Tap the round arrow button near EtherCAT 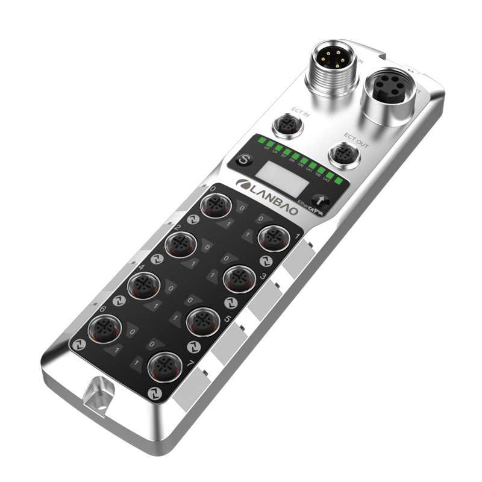point(321,202)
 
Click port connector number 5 point(200,321)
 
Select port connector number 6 point(104,329)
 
